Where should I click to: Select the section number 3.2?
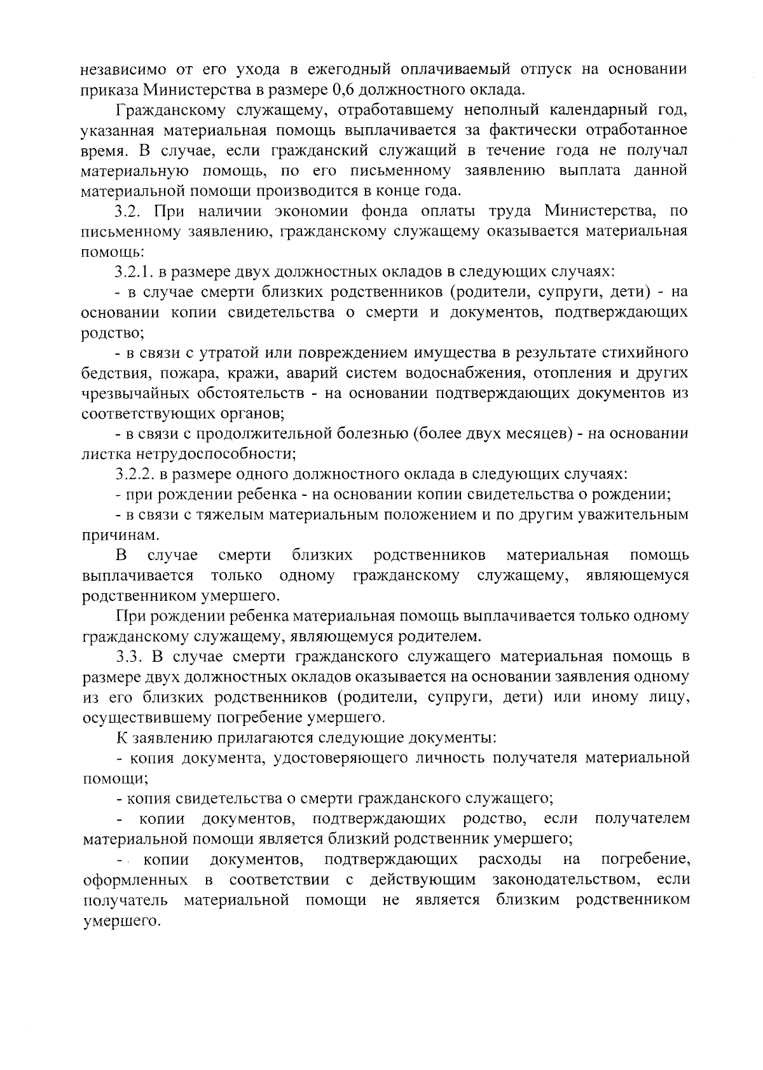pyautogui.click(x=130, y=210)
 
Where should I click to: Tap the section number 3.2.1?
pyautogui.click(x=135, y=271)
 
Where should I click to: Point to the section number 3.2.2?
pyautogui.click(x=135, y=474)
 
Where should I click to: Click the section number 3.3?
pyautogui.click(x=130, y=656)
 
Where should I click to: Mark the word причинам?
pyautogui.click(x=118, y=535)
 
